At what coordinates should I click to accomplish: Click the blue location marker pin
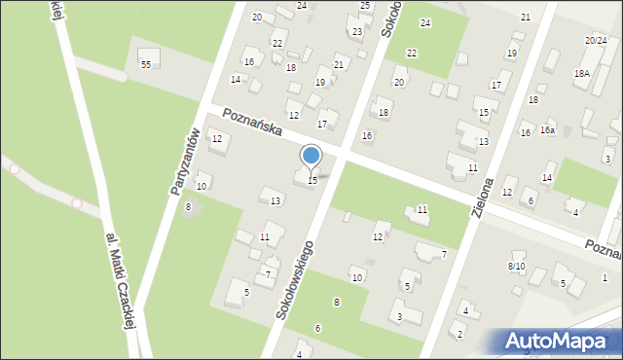click(x=311, y=157)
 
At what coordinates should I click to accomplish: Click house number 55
click(x=145, y=64)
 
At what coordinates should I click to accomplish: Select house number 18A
click(x=582, y=74)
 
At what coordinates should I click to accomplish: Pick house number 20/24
click(x=595, y=41)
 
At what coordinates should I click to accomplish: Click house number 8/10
click(x=516, y=266)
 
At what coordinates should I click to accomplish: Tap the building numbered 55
click(x=149, y=55)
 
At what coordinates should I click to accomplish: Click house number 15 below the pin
click(x=312, y=180)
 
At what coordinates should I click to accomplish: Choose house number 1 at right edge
click(x=605, y=278)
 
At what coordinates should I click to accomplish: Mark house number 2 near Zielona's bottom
click(x=460, y=335)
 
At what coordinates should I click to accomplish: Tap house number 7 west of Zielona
click(x=444, y=255)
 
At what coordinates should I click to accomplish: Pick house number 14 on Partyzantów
click(x=235, y=79)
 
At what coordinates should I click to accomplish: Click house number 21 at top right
click(x=526, y=18)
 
